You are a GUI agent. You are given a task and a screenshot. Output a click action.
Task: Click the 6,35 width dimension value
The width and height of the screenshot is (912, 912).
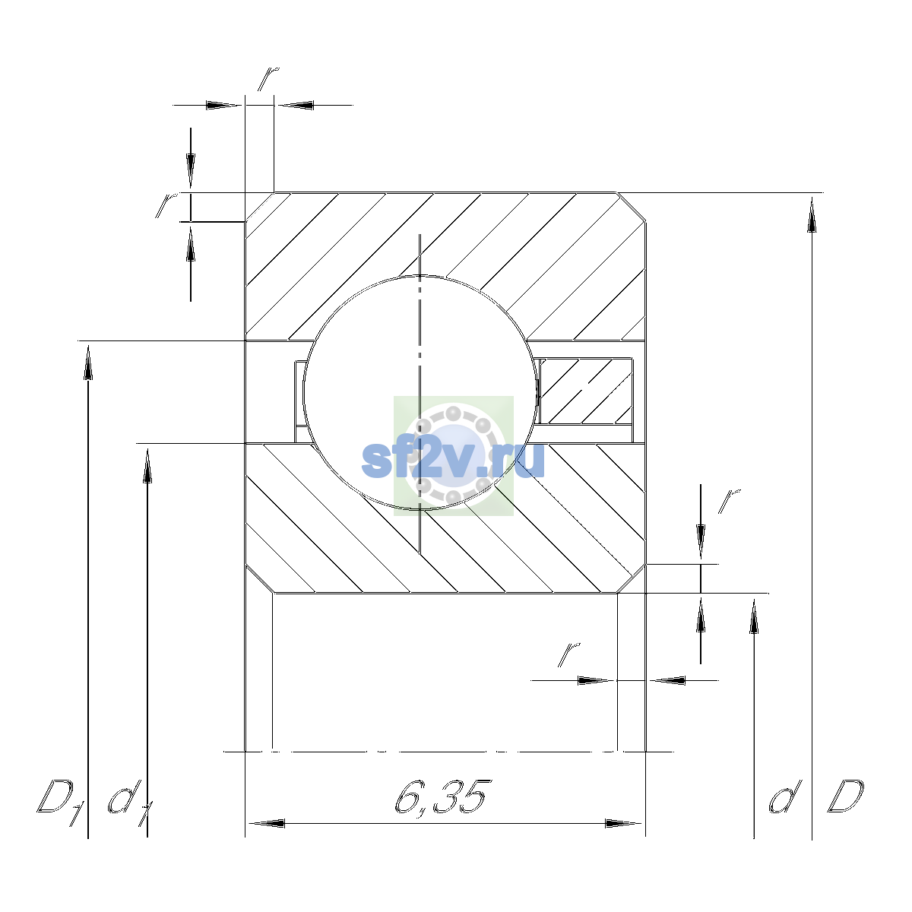441,797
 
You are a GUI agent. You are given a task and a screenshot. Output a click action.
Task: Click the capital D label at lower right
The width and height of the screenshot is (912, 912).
845,796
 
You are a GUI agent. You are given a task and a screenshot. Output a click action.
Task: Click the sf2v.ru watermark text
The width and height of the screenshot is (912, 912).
453,460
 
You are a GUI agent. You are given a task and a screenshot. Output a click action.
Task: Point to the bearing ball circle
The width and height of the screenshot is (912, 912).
303,392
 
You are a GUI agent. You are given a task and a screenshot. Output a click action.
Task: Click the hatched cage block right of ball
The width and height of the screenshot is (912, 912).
586,391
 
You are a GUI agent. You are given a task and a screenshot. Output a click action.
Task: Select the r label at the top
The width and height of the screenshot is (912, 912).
268,78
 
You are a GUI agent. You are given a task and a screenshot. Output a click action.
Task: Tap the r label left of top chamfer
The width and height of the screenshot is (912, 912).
166,205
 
